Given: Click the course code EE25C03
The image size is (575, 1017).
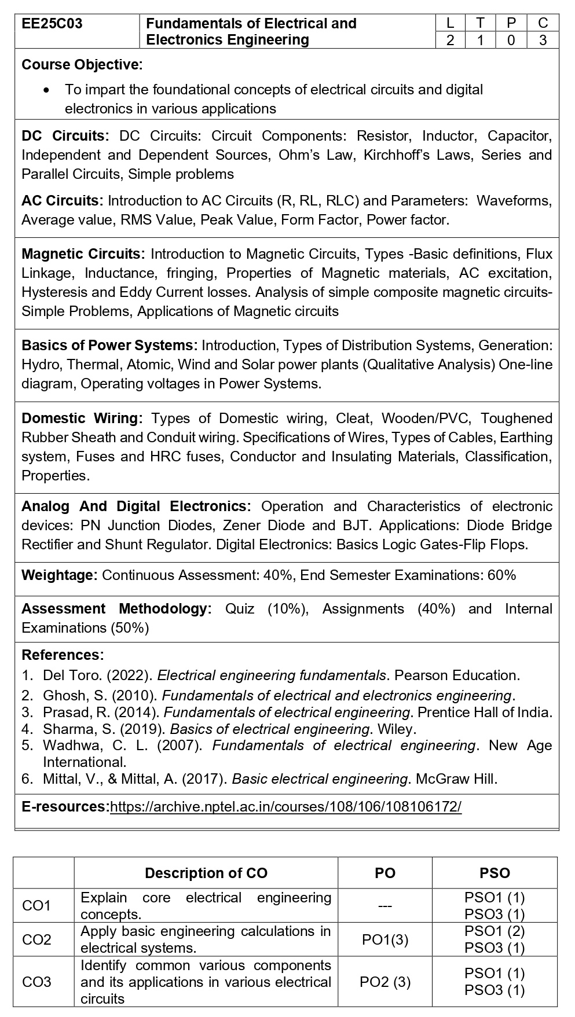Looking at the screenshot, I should point(52,24).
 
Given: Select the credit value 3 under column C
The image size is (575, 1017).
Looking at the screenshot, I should point(543,40).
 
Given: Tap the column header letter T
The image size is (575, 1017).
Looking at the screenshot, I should point(480,23).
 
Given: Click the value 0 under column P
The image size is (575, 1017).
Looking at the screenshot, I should point(511,40).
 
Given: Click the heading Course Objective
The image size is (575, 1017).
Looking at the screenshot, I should point(82,64).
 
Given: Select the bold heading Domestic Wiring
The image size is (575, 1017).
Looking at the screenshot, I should point(82,418).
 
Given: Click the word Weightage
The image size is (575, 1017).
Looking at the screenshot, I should point(59,575).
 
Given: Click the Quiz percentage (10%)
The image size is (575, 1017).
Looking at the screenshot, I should point(287,609).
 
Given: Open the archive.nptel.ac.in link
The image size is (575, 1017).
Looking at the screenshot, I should point(285,806).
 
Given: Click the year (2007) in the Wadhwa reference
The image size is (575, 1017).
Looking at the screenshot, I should point(179,746).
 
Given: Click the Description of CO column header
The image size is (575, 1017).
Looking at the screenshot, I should point(206,873).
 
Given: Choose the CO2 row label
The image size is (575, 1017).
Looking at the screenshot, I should point(36,939).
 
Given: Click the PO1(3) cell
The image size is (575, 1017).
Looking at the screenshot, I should point(385,939).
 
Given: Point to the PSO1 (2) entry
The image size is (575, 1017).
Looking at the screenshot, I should point(495,931).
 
